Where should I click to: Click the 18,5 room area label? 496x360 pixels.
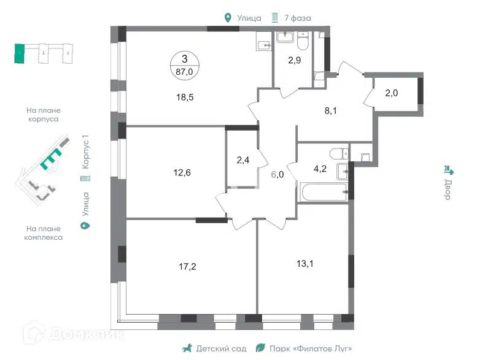tap(185, 97)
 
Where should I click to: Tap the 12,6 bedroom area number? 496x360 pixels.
tap(182, 172)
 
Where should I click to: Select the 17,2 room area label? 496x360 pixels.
tap(187, 266)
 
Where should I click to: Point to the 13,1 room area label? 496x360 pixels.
tap(305, 263)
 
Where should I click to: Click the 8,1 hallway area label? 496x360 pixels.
tap(330, 110)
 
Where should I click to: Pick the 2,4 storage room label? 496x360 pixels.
tap(243, 160)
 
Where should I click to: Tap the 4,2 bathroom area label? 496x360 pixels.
tap(320, 169)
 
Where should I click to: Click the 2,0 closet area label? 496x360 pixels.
tap(391, 93)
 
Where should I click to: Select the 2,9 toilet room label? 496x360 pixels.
tap(294, 60)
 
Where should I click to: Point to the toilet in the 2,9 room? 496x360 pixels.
tap(303, 41)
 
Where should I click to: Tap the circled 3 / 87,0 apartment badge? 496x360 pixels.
tap(185, 65)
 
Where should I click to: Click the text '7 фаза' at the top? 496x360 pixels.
tap(298, 18)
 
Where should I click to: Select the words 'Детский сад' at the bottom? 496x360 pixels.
tap(221, 348)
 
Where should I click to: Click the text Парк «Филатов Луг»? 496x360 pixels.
tap(311, 348)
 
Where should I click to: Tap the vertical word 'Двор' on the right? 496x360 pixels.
tap(448, 190)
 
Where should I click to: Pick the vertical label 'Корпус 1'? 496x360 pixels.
tap(85, 152)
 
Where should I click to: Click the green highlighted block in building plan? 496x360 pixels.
tap(19, 54)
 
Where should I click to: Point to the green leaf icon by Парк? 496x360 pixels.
tap(260, 348)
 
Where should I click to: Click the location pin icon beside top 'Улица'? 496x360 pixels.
tap(228, 18)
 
